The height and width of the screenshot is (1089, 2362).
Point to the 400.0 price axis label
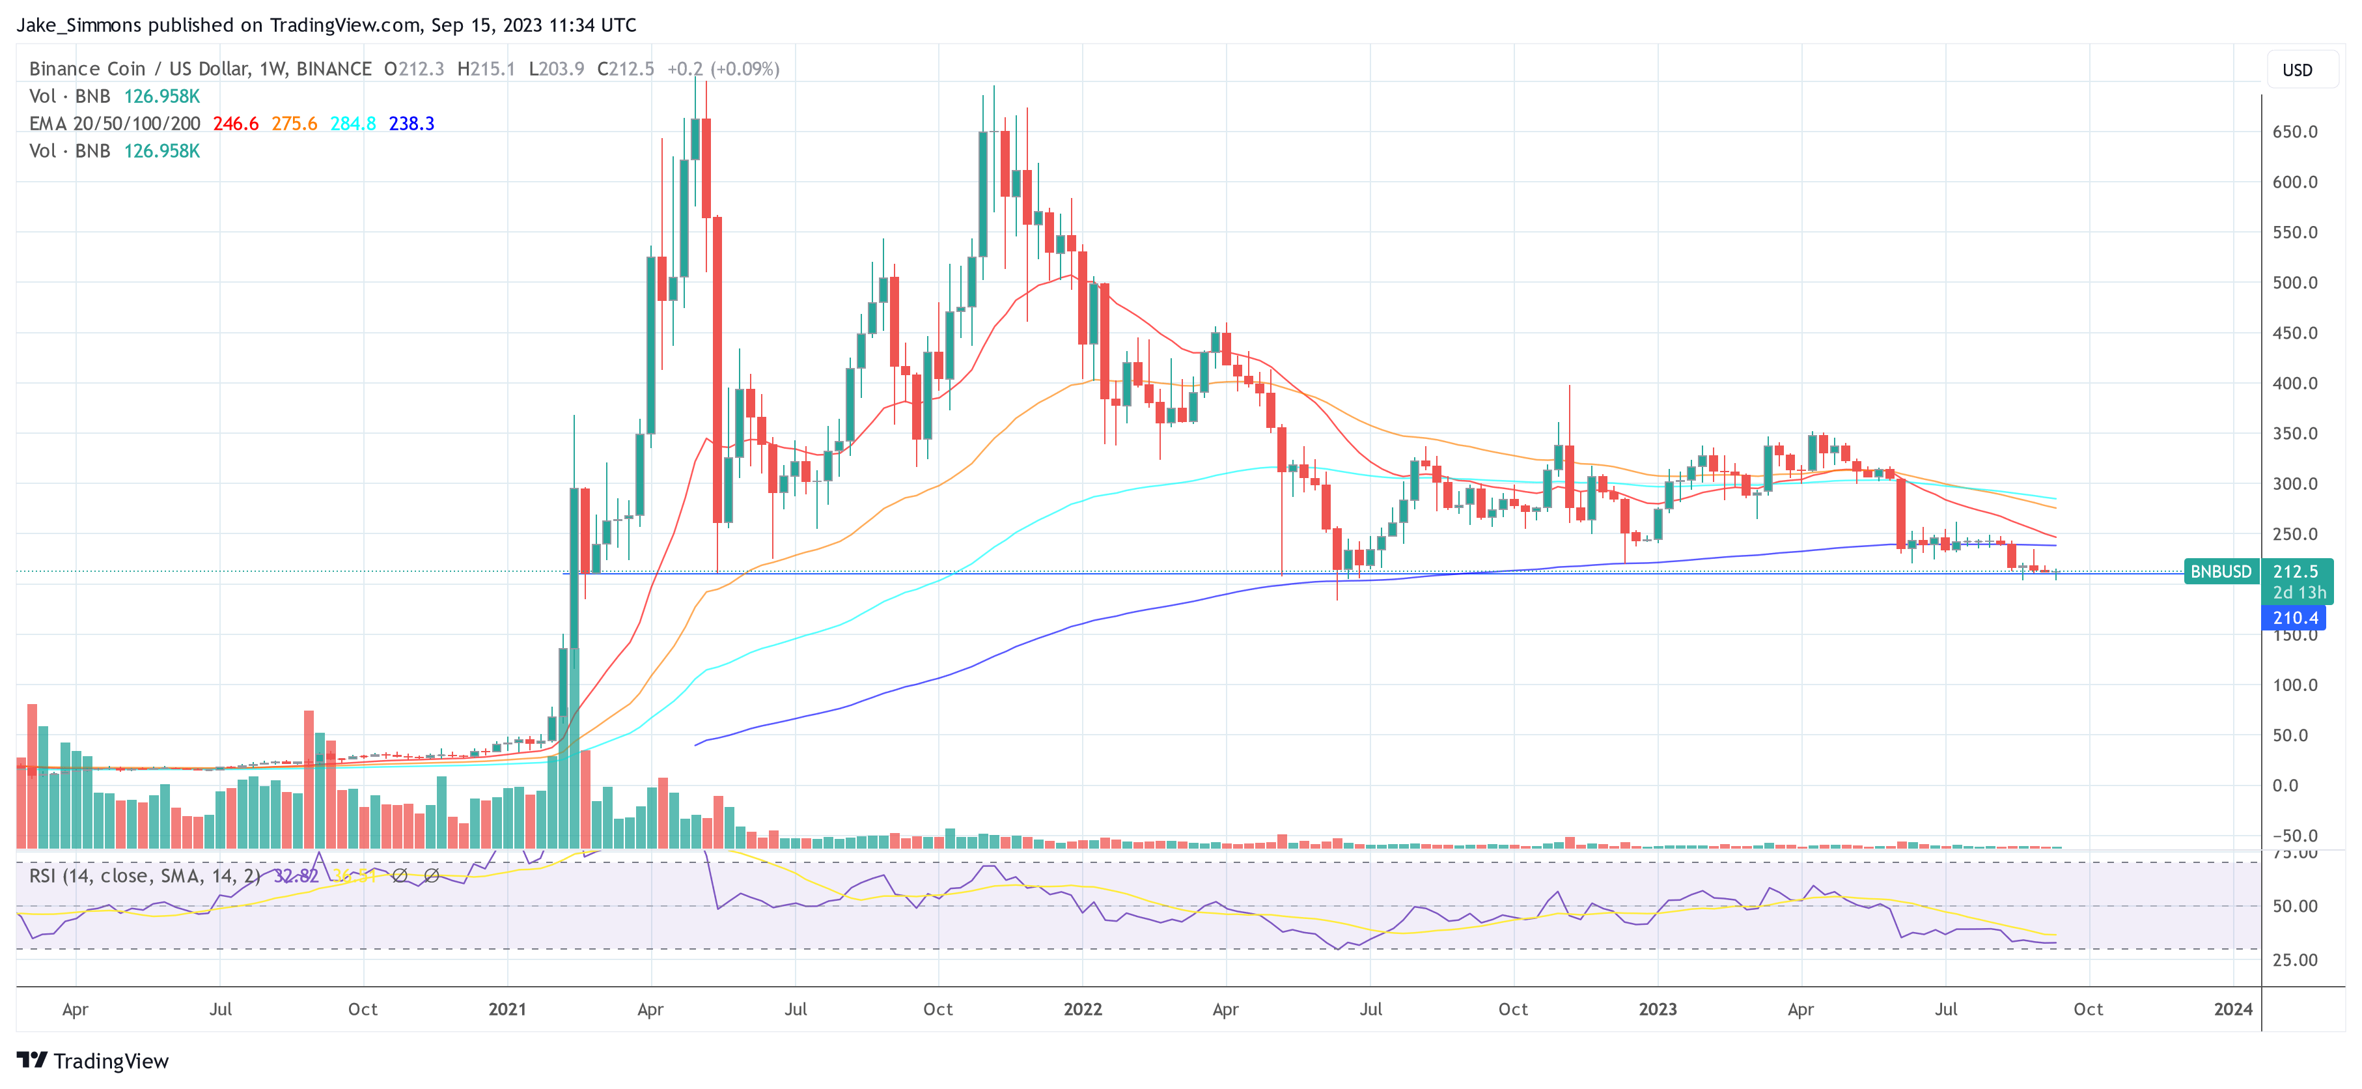(2294, 384)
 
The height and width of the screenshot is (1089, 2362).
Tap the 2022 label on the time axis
(1082, 1009)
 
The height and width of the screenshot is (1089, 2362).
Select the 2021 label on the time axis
(507, 1009)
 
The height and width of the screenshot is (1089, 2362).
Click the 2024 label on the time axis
(2232, 1009)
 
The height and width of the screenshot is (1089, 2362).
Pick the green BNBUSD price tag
(2220, 572)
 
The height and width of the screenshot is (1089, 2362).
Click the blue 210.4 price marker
(2294, 618)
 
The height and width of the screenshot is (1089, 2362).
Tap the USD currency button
(2297, 70)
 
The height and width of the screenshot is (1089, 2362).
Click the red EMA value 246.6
(236, 124)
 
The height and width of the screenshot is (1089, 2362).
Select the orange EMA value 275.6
(294, 124)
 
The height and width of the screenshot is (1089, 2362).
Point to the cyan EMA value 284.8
(353, 124)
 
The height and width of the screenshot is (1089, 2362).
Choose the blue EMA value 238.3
(411, 124)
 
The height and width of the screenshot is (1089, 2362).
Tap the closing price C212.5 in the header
(626, 69)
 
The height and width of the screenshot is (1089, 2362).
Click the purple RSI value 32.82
(296, 876)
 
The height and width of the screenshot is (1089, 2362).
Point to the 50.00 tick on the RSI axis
(2294, 907)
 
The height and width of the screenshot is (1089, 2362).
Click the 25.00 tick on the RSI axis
(2294, 959)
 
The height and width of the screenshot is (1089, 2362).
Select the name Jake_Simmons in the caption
(79, 25)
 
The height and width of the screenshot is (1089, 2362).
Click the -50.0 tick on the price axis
(2294, 836)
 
